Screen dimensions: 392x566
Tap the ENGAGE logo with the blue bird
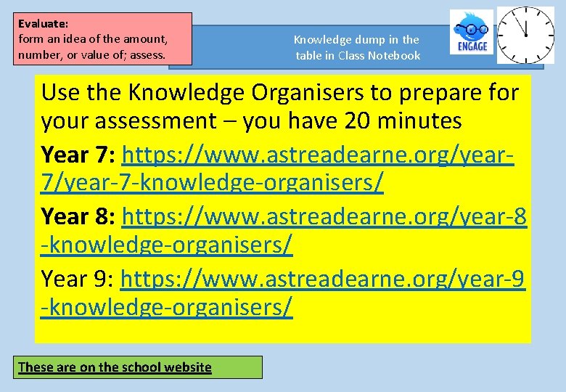471,32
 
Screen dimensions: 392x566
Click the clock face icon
525,34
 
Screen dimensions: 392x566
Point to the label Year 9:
78,278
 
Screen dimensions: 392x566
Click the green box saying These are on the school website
139,367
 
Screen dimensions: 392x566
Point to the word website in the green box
188,367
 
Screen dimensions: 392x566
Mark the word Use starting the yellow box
61,93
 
